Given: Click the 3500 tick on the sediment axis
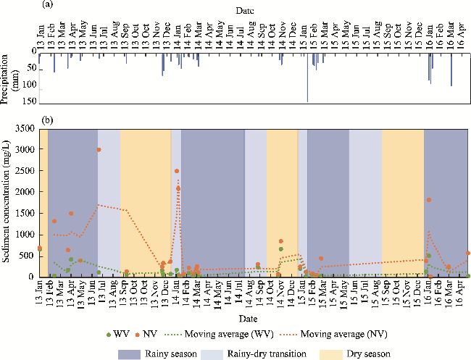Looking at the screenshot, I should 28,128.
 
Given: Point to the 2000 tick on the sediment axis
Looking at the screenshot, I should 28,192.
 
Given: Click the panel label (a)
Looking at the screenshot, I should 46,5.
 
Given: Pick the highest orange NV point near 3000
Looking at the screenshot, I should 99,150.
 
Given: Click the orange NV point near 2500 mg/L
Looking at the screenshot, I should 177,171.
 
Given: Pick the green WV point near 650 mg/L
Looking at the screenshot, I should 280,249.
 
